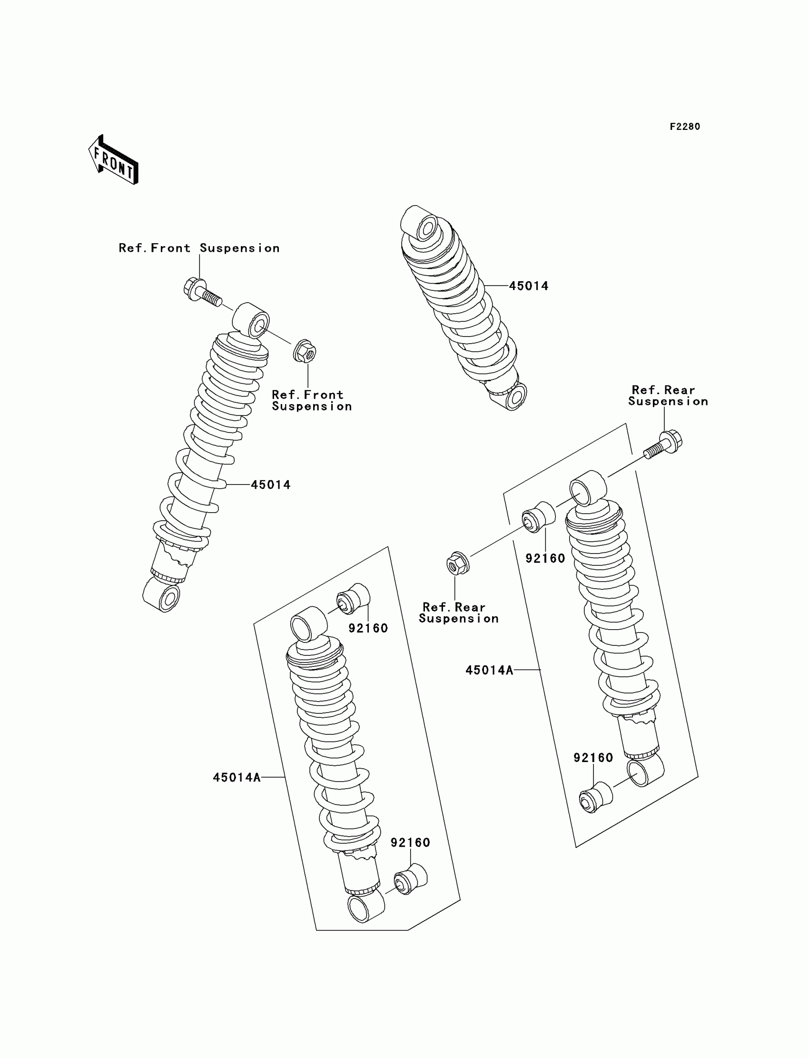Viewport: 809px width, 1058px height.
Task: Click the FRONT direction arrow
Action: (x=114, y=160)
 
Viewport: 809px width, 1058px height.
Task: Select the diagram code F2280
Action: (x=685, y=127)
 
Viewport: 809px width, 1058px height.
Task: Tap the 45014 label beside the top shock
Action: (x=528, y=286)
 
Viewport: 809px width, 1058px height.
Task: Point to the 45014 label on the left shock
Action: (x=271, y=485)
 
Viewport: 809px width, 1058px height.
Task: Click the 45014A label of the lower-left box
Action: (x=237, y=777)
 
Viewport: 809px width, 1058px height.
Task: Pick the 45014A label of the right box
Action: (x=489, y=670)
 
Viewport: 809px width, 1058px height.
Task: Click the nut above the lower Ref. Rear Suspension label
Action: (x=455, y=564)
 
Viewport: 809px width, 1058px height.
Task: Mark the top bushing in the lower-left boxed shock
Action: (x=354, y=599)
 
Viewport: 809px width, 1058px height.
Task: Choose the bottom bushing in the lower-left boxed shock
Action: (x=410, y=879)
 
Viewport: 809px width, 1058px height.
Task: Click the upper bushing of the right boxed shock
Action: (x=538, y=517)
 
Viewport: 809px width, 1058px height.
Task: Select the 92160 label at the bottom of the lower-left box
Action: (x=410, y=842)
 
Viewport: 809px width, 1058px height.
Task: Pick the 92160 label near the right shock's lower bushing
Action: (x=593, y=758)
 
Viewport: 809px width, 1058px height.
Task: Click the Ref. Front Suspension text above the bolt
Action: (x=199, y=248)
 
